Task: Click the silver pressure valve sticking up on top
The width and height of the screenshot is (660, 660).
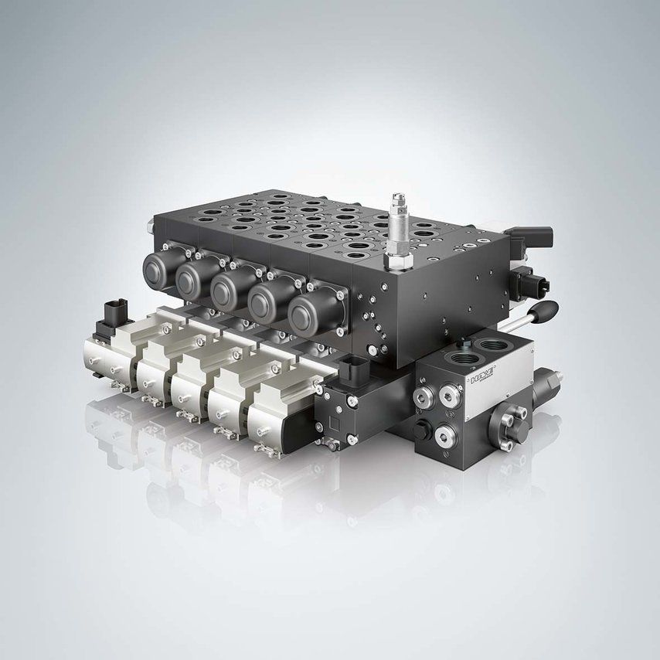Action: coord(399,224)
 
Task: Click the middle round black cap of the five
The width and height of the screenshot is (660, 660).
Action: coord(230,291)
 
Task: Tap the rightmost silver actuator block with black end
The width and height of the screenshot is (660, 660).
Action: coord(278,413)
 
